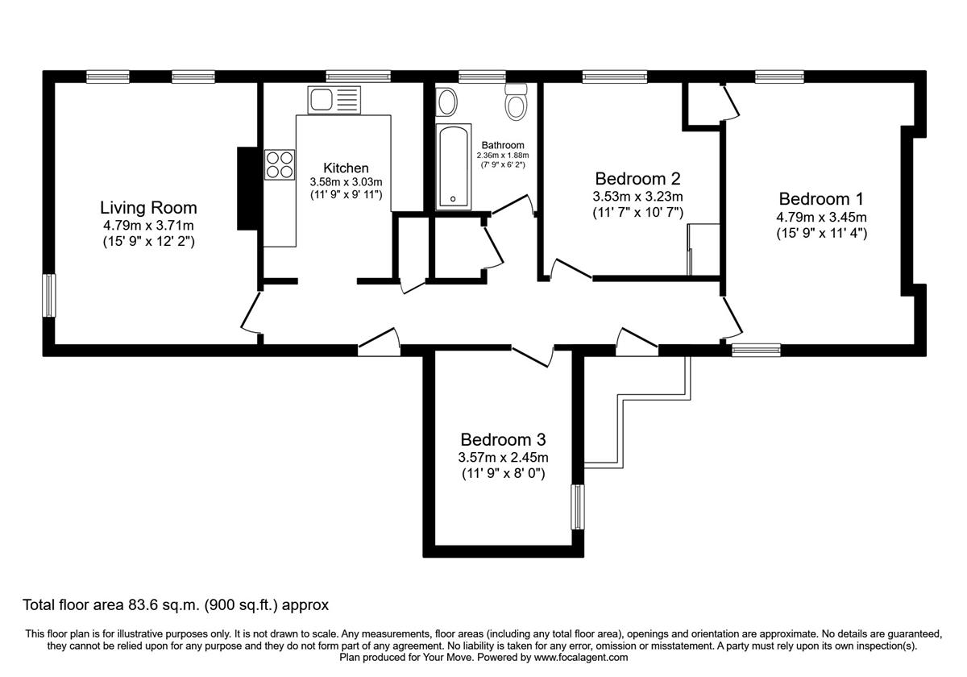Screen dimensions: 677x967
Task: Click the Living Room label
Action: tap(148, 208)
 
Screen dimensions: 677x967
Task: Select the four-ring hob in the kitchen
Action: tap(280, 164)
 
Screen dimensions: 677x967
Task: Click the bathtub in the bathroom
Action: tap(454, 167)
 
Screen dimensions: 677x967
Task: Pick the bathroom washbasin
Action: tap(446, 102)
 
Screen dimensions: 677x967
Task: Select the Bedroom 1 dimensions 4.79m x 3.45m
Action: tap(822, 217)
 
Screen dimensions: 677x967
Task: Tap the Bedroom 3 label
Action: tap(504, 439)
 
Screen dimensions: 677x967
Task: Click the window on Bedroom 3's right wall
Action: tap(577, 507)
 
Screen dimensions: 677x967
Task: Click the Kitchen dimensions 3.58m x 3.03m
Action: tap(347, 181)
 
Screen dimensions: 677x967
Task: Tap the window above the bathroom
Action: tap(476, 77)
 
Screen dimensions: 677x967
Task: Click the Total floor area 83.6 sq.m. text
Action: tap(176, 604)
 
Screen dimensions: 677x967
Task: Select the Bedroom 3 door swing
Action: tap(532, 355)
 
